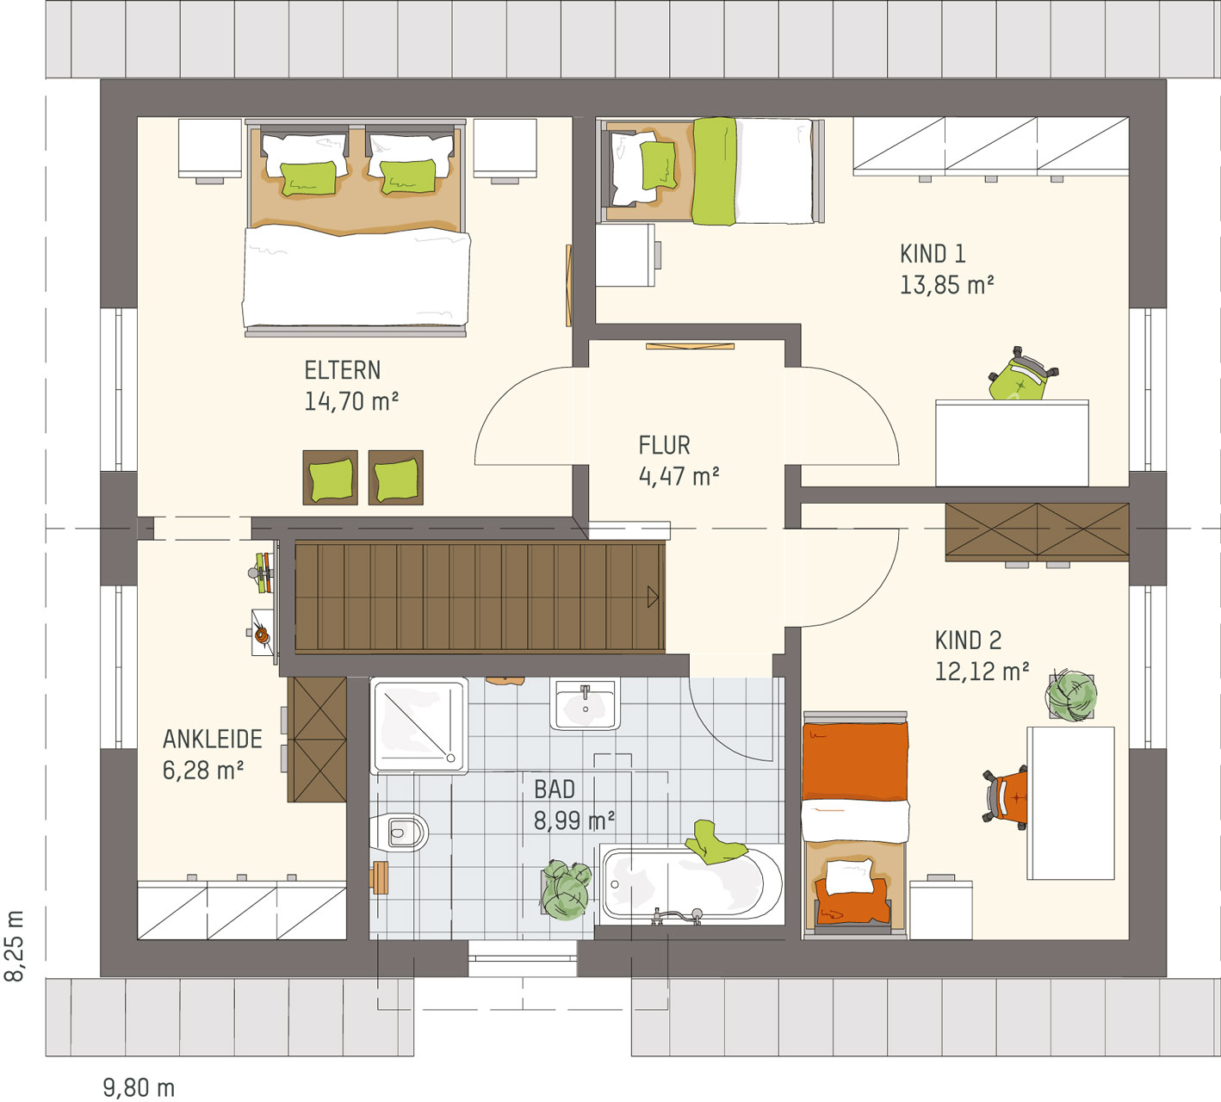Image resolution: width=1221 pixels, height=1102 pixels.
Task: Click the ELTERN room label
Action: click(342, 370)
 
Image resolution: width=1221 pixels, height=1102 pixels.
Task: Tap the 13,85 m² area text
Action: click(946, 285)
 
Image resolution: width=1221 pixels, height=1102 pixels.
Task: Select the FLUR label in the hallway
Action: click(664, 446)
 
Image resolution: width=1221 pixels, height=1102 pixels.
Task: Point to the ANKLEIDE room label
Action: click(213, 740)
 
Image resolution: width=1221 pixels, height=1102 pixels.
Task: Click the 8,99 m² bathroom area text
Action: click(574, 820)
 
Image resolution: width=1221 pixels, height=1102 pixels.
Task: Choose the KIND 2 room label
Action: click(968, 641)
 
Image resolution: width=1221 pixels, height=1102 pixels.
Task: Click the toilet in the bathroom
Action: click(400, 832)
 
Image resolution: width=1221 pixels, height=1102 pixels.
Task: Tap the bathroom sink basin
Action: click(585, 704)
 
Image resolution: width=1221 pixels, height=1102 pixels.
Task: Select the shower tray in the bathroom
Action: click(418, 725)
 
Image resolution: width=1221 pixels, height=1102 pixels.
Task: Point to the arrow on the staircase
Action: click(653, 597)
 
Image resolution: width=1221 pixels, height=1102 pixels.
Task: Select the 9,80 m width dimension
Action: click(139, 1087)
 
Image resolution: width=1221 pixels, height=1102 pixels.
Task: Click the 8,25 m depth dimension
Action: click(15, 946)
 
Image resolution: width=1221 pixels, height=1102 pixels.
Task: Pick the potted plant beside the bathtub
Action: click(566, 889)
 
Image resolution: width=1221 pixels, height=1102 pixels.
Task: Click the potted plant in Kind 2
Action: click(1071, 696)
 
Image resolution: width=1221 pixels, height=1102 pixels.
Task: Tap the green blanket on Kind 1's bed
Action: click(714, 171)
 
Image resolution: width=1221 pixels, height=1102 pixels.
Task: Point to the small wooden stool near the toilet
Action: click(379, 877)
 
